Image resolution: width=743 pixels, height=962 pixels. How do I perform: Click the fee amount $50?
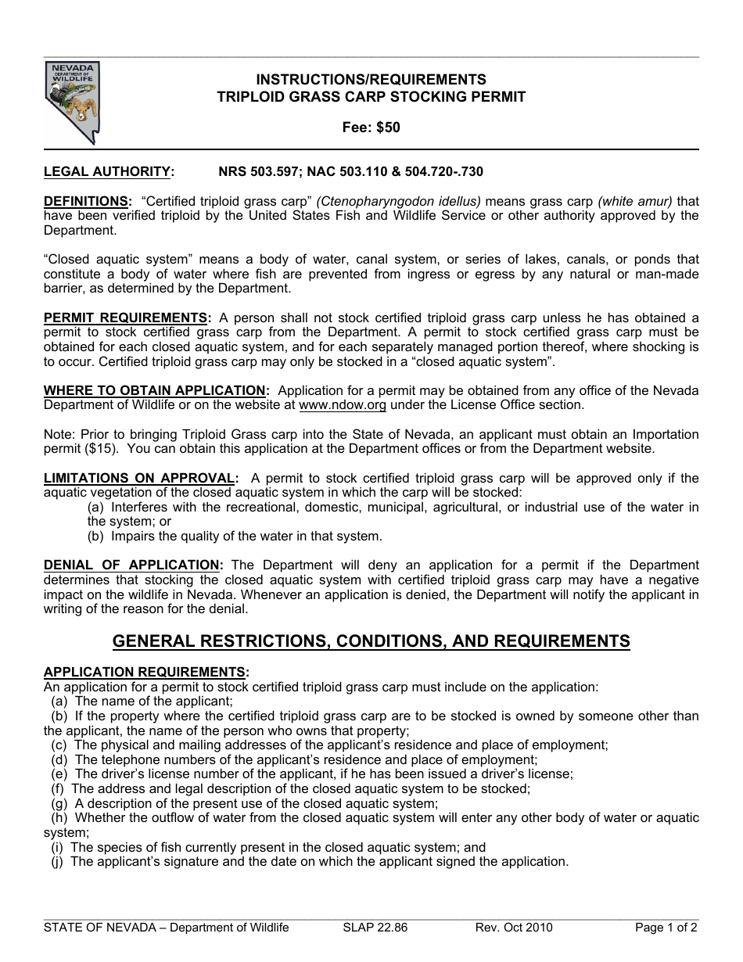[387, 127]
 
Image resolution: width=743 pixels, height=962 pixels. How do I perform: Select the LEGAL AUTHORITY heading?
[108, 171]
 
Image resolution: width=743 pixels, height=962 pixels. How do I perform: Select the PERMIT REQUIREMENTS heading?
[126, 318]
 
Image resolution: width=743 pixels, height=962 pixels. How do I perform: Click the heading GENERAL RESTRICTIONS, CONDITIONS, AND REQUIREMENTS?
[371, 642]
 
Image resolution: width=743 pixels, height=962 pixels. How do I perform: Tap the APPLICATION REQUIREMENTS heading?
[146, 672]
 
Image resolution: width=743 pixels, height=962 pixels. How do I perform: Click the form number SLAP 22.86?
[375, 928]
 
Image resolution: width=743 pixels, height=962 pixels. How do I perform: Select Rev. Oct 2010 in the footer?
[514, 928]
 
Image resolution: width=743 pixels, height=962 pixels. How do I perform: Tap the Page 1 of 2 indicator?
[666, 928]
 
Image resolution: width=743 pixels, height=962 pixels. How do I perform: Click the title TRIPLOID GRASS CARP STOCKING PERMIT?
[371, 97]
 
